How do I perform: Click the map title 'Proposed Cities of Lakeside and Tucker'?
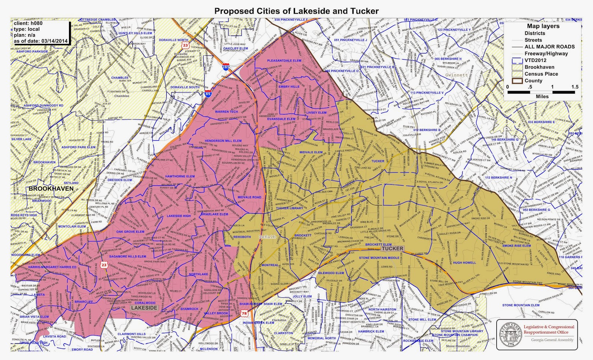[296, 11]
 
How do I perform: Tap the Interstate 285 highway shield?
[226, 67]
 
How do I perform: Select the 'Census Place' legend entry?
[541, 74]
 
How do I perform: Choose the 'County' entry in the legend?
[533, 80]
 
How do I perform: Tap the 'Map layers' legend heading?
[543, 26]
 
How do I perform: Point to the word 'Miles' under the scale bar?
[542, 96]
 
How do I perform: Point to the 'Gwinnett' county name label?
[456, 75]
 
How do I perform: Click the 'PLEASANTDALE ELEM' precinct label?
[284, 60]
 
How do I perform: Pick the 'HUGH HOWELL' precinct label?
[464, 262]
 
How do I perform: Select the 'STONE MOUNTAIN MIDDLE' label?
[379, 258]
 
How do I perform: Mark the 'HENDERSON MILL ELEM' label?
[223, 141]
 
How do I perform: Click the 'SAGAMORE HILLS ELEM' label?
[127, 256]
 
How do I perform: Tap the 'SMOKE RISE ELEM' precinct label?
[516, 245]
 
